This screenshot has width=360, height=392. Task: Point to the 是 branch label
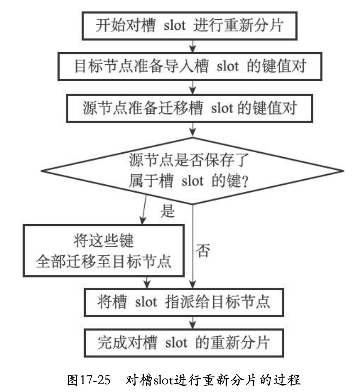coord(167,211)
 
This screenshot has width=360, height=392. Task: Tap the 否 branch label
coord(204,251)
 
